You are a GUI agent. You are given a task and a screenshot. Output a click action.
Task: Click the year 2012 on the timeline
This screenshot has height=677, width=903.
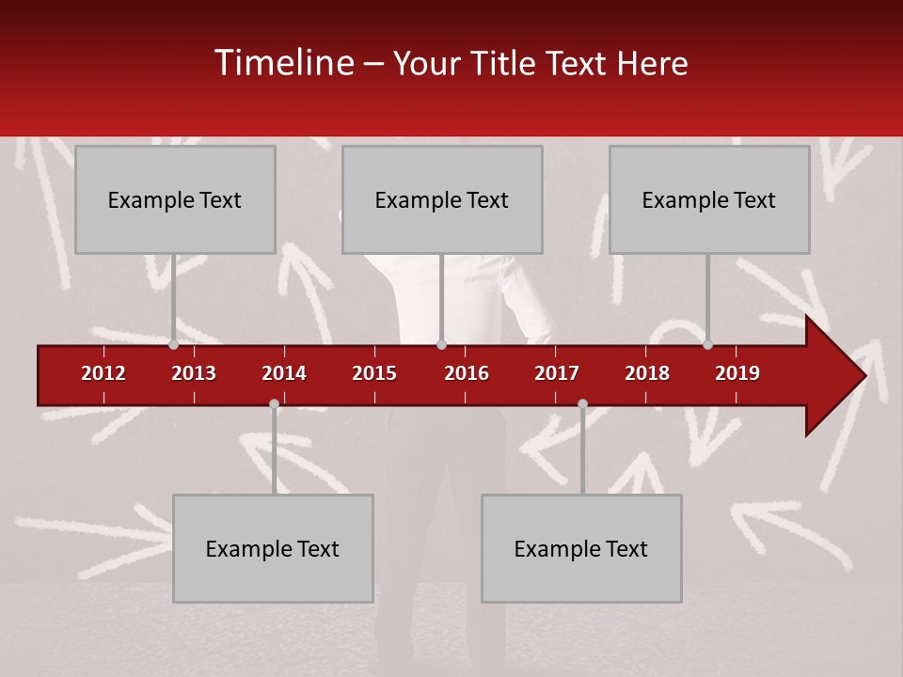103,373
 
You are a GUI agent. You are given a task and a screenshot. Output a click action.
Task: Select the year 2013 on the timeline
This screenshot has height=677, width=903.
194,373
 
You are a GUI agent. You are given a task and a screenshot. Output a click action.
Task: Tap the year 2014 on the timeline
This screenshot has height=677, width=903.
284,373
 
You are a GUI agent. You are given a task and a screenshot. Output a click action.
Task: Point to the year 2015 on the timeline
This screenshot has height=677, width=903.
374,373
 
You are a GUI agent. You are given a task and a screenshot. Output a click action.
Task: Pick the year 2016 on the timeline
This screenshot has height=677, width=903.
467,373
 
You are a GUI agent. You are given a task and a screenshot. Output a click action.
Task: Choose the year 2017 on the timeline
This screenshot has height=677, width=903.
557,373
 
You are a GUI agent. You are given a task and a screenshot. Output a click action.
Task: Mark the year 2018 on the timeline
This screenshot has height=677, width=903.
647,373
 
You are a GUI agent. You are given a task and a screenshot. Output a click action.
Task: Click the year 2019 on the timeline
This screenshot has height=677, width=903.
737,373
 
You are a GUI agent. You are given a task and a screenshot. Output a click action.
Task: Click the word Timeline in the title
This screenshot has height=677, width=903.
283,63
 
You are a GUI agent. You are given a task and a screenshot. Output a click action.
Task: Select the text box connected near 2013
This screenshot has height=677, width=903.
175,199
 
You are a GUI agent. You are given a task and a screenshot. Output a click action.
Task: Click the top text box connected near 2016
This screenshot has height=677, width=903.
442,199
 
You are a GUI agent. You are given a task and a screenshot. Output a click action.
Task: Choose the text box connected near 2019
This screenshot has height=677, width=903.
709,199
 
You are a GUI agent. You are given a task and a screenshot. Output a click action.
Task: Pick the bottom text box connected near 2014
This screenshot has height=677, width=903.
273,548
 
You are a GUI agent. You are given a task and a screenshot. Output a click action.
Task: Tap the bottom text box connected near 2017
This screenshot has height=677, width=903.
581,548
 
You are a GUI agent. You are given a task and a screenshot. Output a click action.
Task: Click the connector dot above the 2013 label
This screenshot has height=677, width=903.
174,344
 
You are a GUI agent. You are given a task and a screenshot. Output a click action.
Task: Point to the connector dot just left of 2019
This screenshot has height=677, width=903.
707,344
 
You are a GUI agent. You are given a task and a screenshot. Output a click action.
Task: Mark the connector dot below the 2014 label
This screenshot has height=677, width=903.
274,404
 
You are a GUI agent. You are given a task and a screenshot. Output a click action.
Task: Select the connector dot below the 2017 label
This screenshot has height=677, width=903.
582,404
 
